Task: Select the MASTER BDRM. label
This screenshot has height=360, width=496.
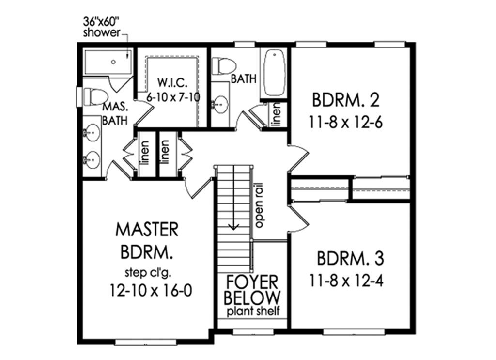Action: pyautogui.click(x=147, y=241)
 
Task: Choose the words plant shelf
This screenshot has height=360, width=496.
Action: pyautogui.click(x=253, y=311)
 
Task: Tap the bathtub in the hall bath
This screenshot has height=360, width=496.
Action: pyautogui.click(x=274, y=73)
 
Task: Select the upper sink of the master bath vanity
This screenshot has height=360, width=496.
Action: pyautogui.click(x=91, y=131)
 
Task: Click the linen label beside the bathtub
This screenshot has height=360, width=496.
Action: pyautogui.click(x=276, y=115)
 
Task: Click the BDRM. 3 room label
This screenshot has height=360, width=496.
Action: pyautogui.click(x=351, y=259)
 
